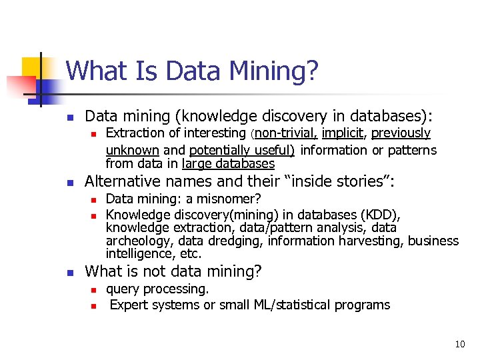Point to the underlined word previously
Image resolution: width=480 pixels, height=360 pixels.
[x=401, y=134]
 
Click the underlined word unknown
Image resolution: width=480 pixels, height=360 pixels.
[x=132, y=150]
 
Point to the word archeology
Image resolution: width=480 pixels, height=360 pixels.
[x=135, y=241]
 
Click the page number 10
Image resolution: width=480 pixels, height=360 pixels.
[x=459, y=344]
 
